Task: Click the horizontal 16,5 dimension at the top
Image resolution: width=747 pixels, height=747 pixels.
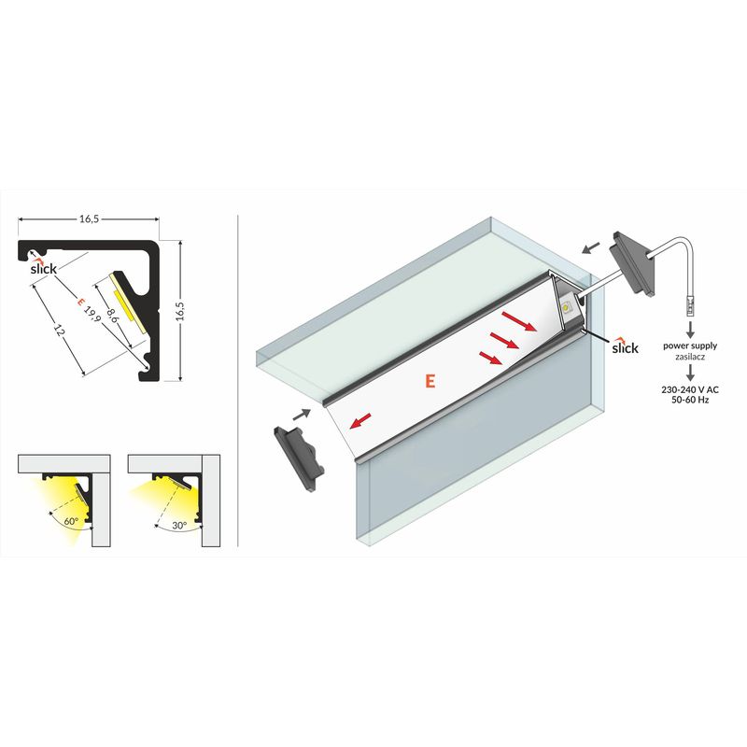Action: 89,219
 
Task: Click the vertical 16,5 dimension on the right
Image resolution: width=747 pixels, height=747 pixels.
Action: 180,311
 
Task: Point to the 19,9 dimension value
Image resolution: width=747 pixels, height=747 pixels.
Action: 92,314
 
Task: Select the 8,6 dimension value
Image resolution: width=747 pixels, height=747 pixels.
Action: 112,315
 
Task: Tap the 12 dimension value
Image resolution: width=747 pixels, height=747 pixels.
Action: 59,331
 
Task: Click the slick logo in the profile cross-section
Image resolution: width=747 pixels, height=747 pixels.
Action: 43,267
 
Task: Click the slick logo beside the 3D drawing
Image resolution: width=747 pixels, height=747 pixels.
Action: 625,346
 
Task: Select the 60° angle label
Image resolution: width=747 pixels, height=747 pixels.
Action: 71,521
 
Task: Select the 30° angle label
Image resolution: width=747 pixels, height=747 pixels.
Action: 179,526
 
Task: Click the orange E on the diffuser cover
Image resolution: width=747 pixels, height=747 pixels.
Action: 430,381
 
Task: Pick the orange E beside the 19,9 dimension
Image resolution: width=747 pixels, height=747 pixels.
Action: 80,302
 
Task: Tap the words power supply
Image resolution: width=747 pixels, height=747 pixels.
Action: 690,346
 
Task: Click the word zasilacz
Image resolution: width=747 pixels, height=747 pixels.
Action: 690,357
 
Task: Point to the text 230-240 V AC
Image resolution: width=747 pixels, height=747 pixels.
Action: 690,389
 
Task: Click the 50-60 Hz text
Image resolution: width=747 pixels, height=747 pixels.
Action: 690,400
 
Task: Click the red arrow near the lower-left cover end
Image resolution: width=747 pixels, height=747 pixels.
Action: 360,421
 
